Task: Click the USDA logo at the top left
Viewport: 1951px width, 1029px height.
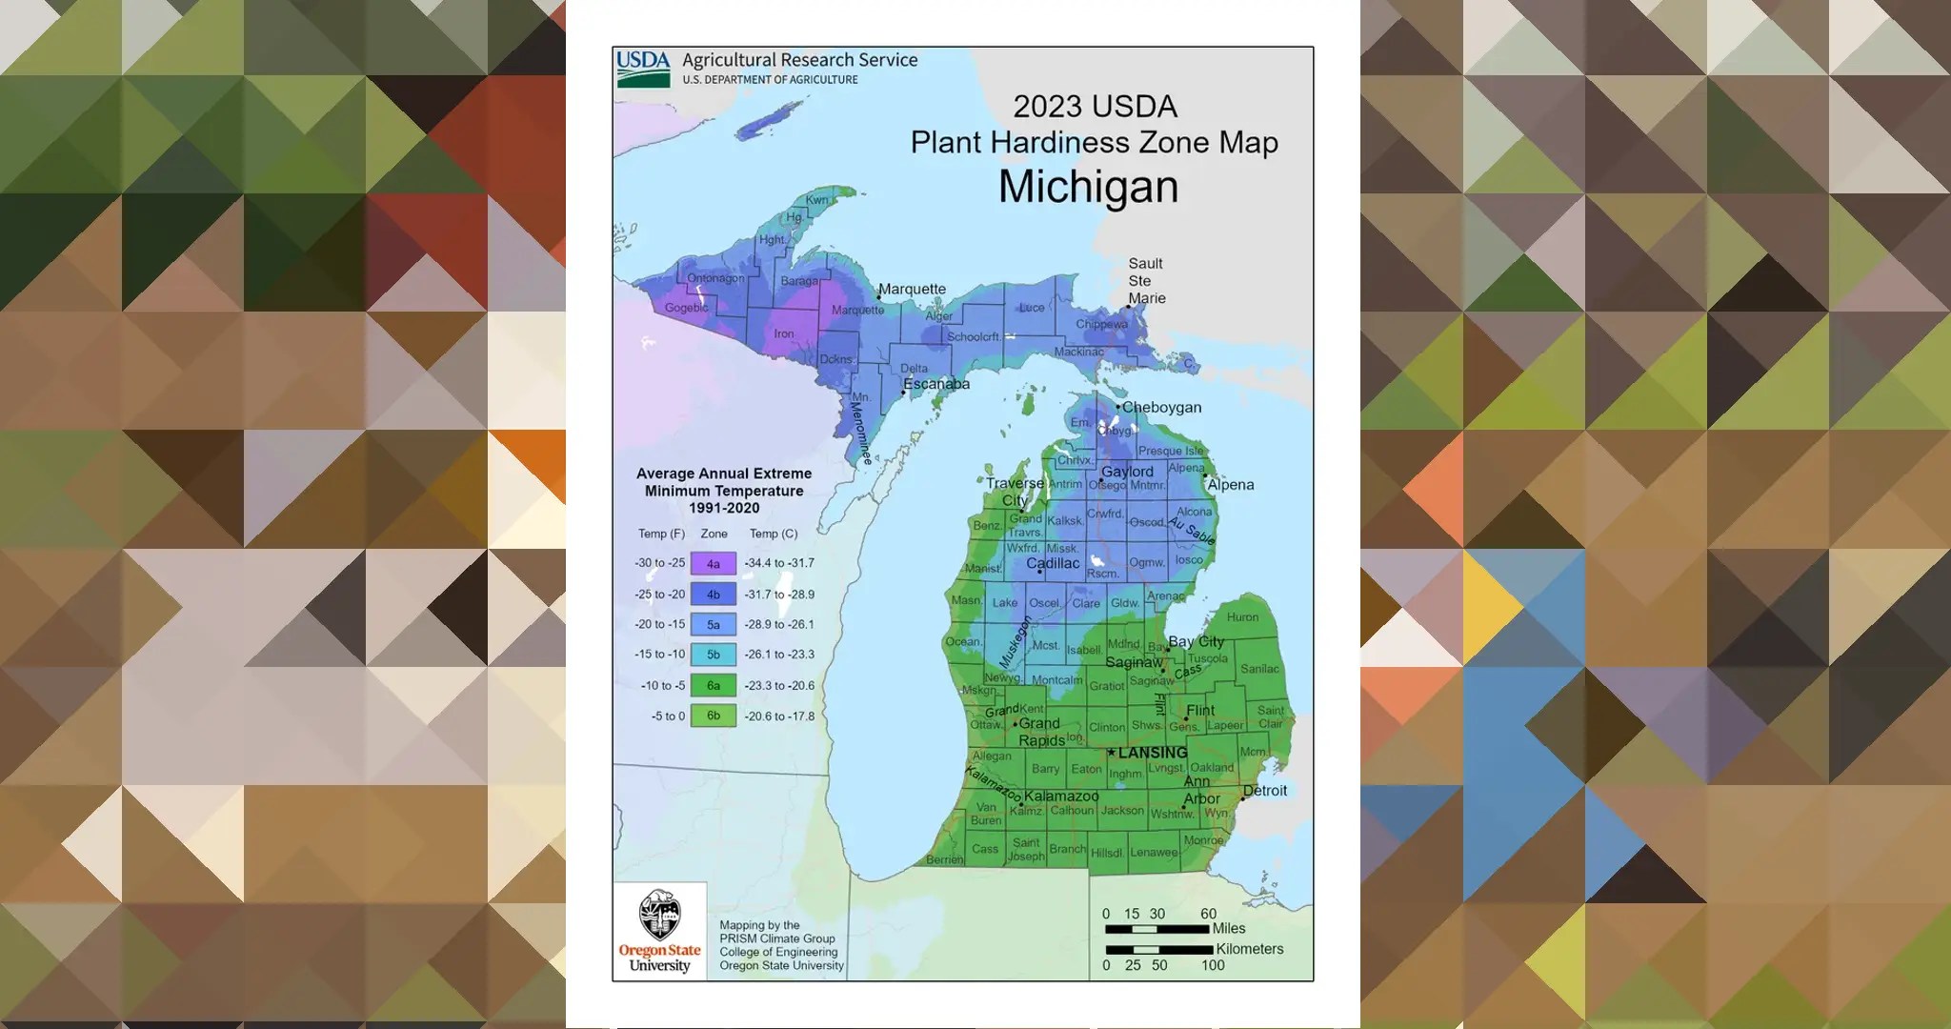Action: coord(643,69)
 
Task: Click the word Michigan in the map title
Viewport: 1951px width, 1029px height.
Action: coord(1088,187)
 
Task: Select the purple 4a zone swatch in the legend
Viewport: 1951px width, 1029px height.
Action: coord(713,563)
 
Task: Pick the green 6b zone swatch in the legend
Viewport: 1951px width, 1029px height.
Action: coord(713,716)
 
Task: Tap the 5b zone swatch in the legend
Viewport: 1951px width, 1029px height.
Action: coord(713,655)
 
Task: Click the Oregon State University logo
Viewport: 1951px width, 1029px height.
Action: coord(659,931)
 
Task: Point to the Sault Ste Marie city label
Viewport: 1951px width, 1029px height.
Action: coord(1146,281)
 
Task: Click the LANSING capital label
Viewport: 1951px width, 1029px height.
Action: coord(1153,753)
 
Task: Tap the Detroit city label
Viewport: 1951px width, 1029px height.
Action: coord(1265,791)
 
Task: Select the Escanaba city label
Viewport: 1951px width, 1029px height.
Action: coord(936,384)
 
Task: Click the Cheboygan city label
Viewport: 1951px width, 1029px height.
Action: coord(1161,407)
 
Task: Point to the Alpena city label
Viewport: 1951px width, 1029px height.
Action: coord(1231,485)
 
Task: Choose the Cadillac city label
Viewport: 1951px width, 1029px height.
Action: coord(1053,563)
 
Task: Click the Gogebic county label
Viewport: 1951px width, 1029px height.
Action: coord(686,308)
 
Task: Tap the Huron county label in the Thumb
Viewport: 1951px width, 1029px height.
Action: coord(1242,617)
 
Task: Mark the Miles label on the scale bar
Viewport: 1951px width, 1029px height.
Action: coord(1229,928)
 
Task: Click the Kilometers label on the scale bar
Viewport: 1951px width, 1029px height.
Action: coord(1249,949)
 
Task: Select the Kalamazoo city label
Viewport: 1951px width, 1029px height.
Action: coord(1061,797)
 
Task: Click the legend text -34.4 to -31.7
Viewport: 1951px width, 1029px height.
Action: coord(779,563)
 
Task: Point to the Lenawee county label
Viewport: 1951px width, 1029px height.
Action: coord(1154,853)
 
